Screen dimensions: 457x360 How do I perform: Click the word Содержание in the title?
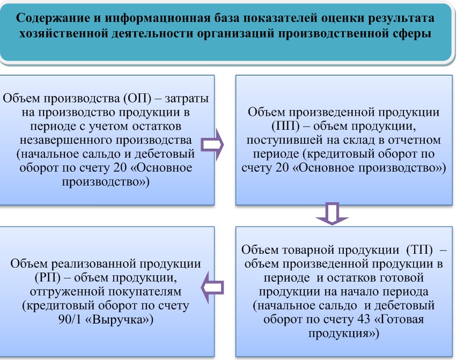pos(53,18)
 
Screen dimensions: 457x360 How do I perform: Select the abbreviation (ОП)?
pos(137,99)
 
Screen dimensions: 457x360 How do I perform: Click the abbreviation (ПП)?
pos(285,126)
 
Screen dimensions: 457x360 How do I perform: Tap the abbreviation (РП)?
pos(48,277)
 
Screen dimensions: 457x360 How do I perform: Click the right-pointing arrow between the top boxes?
pos(212,144)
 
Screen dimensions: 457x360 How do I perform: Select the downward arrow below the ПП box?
pos(332,214)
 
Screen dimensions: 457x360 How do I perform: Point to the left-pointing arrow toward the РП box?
pos(212,288)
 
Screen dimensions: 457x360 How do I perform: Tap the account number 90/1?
pos(70,319)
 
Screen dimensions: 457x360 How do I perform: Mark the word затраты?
pos(187,99)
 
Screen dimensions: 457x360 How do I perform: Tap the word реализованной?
pos(93,264)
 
